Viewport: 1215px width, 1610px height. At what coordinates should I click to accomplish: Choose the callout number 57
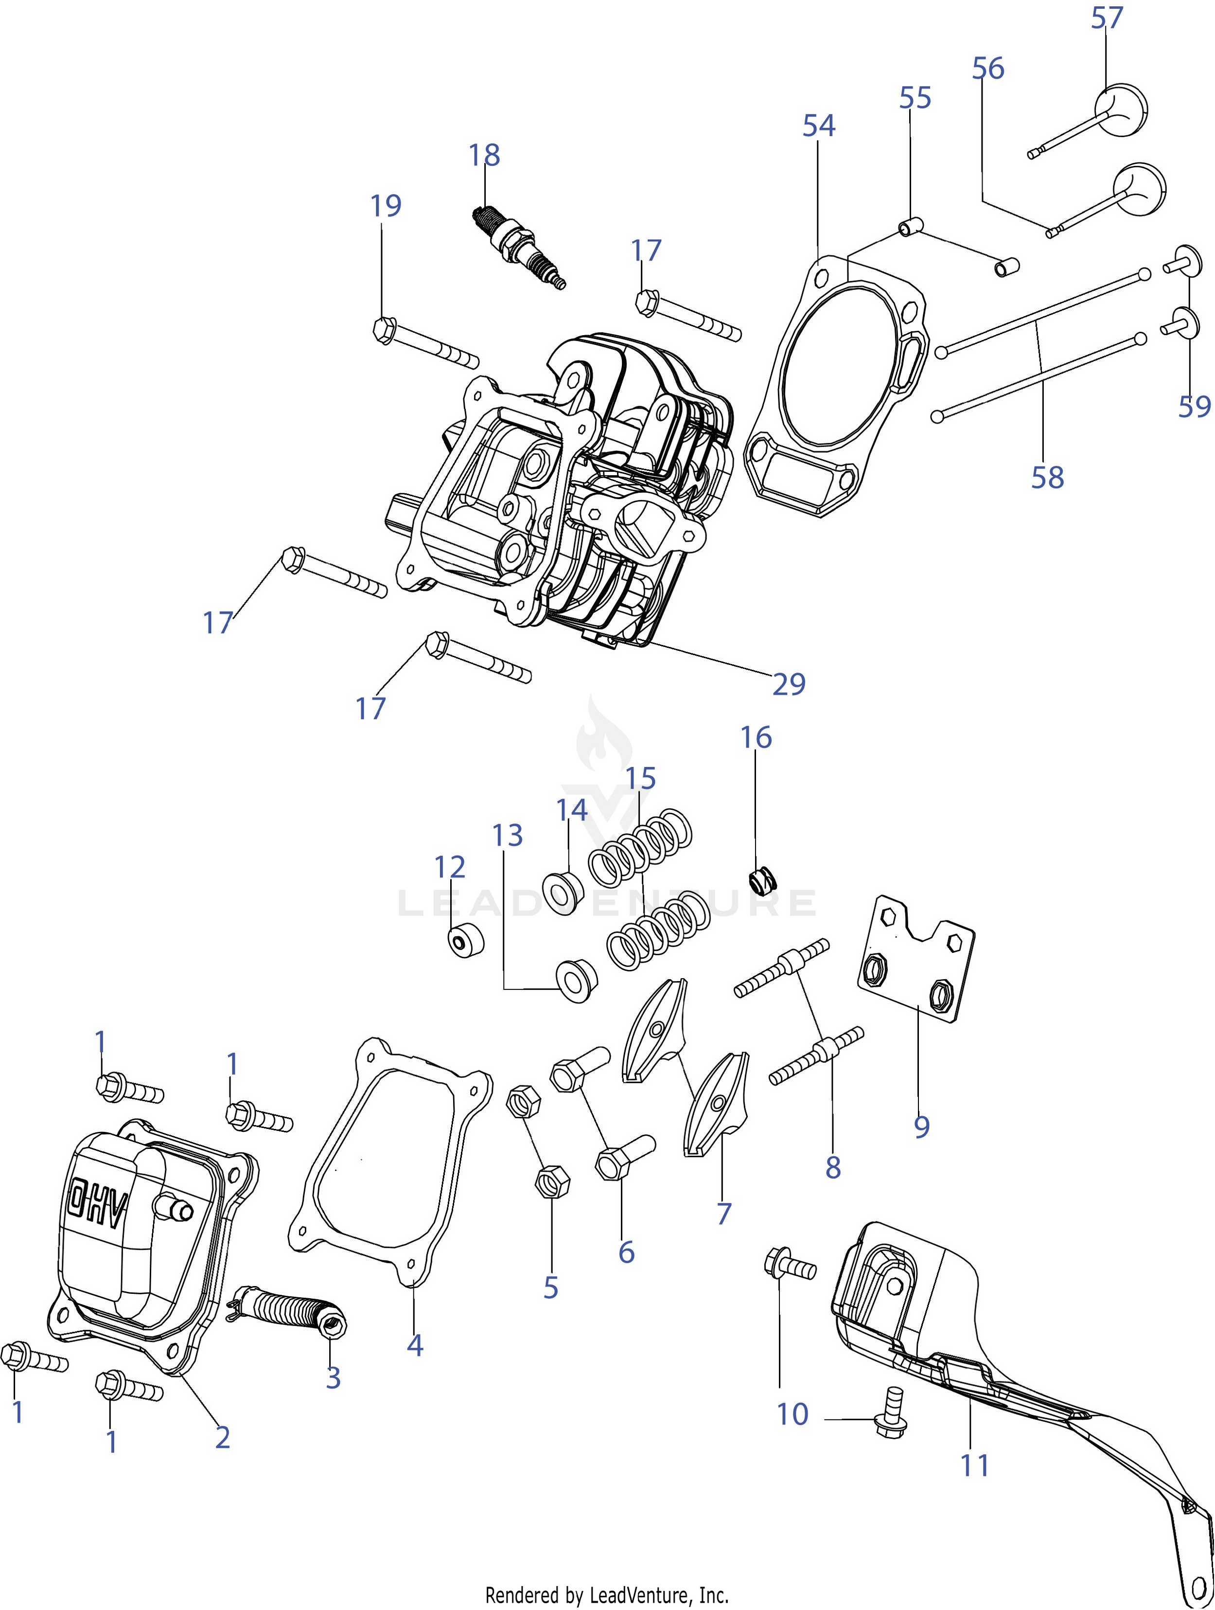pos(1107,18)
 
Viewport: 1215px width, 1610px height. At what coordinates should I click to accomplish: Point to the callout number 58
pos(1047,478)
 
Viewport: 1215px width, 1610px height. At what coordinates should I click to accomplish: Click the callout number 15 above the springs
pos(640,778)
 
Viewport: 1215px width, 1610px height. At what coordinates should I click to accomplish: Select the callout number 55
pos(915,98)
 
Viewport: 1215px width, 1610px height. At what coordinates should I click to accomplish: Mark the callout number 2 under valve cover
pos(223,1437)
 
